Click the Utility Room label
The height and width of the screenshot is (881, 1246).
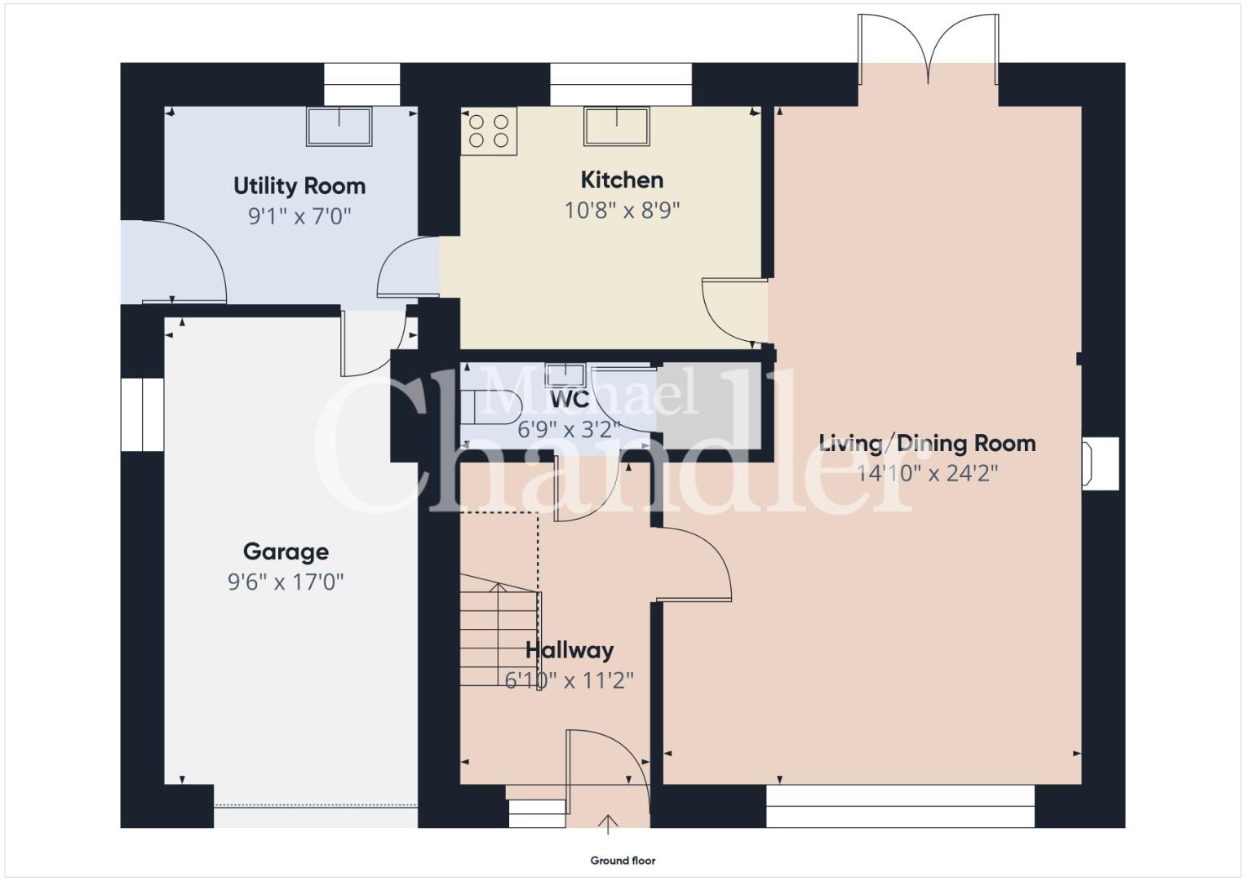pos(299,186)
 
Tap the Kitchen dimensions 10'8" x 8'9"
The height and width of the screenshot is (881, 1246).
pos(622,210)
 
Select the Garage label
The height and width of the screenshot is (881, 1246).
pos(286,551)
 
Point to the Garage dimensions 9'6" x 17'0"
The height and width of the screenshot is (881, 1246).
pos(286,582)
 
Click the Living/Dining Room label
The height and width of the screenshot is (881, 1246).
pos(927,443)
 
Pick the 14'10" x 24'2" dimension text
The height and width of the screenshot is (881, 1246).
pos(927,473)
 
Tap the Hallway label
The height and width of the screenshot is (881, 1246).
pos(570,649)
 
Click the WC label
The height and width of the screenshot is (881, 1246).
pos(570,400)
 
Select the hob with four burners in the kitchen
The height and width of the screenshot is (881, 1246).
pos(489,131)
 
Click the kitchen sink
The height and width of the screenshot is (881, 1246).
pos(617,126)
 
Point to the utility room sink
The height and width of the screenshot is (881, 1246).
pos(339,126)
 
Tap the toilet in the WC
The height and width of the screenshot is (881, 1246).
pos(490,409)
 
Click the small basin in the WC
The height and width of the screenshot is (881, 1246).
pos(565,375)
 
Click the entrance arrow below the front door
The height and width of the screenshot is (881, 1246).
pos(608,824)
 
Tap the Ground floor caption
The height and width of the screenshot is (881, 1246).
pos(623,861)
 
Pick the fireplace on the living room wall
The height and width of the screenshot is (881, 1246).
pos(1100,464)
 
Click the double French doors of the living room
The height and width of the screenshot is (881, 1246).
pos(929,50)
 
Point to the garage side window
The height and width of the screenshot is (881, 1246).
pos(143,415)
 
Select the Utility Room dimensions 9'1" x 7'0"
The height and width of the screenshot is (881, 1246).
pos(299,216)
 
